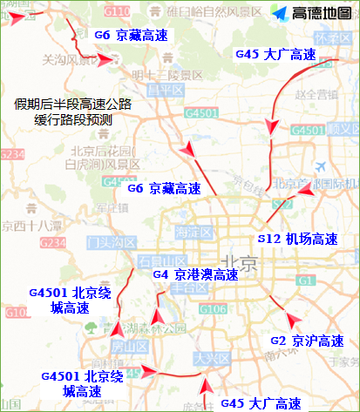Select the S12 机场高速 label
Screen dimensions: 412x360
click(x=299, y=237)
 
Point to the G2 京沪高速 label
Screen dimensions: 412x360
click(x=307, y=340)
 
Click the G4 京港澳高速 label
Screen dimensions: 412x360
click(x=195, y=274)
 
